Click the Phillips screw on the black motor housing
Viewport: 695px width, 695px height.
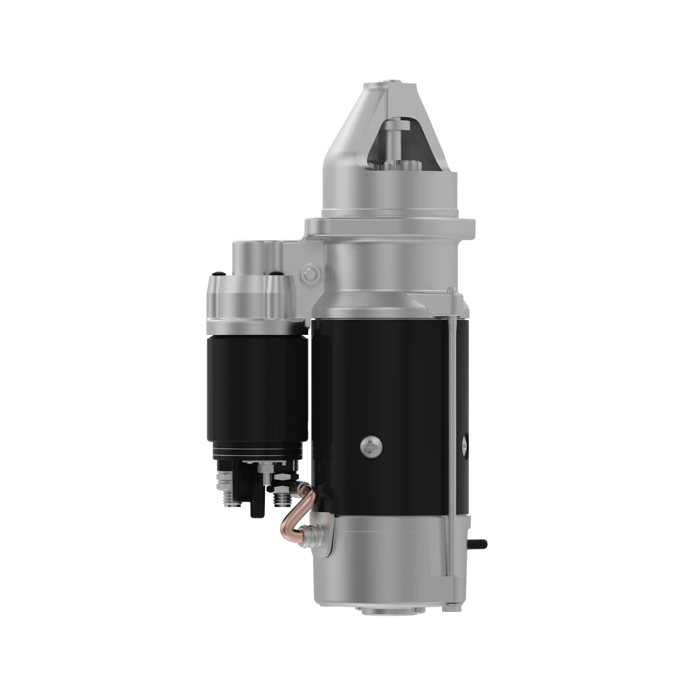point(371,447)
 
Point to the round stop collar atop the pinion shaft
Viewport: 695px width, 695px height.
point(396,125)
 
